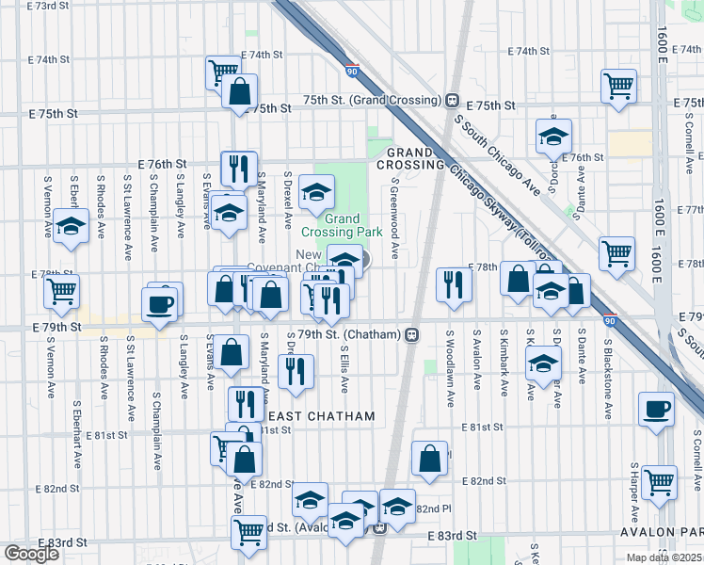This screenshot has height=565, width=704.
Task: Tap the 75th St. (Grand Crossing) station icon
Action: pyautogui.click(x=452, y=100)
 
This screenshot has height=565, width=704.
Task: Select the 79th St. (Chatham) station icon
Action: pyautogui.click(x=412, y=334)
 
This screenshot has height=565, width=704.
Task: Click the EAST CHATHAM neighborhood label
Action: pyautogui.click(x=322, y=415)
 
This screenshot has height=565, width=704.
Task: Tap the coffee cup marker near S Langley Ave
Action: pyautogui.click(x=159, y=303)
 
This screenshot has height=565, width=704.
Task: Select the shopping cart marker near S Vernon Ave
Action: pyautogui.click(x=61, y=290)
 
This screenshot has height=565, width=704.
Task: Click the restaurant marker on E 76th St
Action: pyautogui.click(x=239, y=168)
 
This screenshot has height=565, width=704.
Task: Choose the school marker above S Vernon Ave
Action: pyautogui.click(x=71, y=226)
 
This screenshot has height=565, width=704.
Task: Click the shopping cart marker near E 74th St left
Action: pyautogui.click(x=223, y=71)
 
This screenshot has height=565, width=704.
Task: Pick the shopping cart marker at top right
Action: pyautogui.click(x=619, y=86)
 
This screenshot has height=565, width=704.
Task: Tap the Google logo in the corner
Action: pyautogui.click(x=30, y=554)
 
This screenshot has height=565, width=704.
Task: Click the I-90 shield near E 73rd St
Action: pyautogui.click(x=351, y=71)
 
